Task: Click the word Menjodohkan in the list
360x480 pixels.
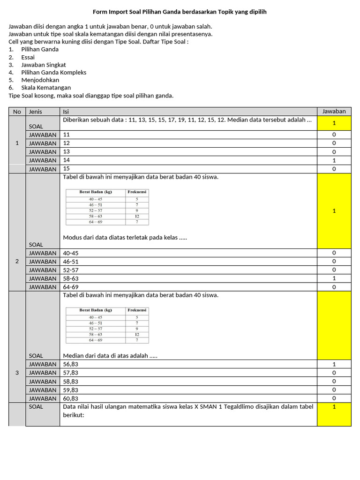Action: click(40, 80)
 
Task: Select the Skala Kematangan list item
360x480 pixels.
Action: click(46, 88)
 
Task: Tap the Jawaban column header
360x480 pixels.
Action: click(334, 112)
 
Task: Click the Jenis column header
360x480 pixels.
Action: click(36, 112)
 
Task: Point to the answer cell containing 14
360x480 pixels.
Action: click(67, 160)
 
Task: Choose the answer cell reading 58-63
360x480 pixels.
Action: click(71, 278)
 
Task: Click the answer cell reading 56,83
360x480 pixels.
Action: click(71, 364)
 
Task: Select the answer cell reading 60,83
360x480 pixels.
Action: click(71, 398)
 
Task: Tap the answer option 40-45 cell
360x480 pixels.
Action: click(71, 253)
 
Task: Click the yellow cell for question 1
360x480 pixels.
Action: click(334, 123)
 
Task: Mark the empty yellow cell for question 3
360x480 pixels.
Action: click(334, 325)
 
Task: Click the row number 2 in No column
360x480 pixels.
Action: click(17, 261)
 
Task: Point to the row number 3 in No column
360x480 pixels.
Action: click(17, 373)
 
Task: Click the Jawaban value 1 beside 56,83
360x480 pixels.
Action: click(334, 364)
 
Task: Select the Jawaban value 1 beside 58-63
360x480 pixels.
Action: click(334, 278)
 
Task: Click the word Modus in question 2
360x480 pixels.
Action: click(72, 238)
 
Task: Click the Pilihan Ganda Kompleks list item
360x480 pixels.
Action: click(53, 73)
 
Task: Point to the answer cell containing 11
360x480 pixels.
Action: click(67, 135)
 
